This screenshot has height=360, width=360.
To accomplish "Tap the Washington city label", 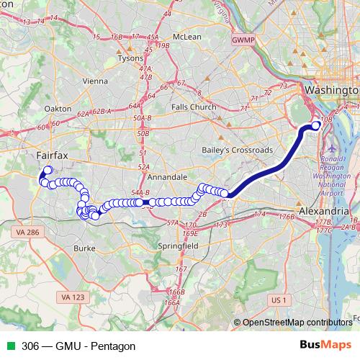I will pyautogui.click(x=331, y=91).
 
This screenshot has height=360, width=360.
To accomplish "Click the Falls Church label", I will pyautogui.click(x=194, y=107).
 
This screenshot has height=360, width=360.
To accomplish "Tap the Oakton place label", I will pyautogui.click(x=58, y=109).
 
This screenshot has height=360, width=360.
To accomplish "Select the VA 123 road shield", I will pyautogui.click(x=74, y=297).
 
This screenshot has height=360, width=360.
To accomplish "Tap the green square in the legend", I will pyautogui.click(x=11, y=346).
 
